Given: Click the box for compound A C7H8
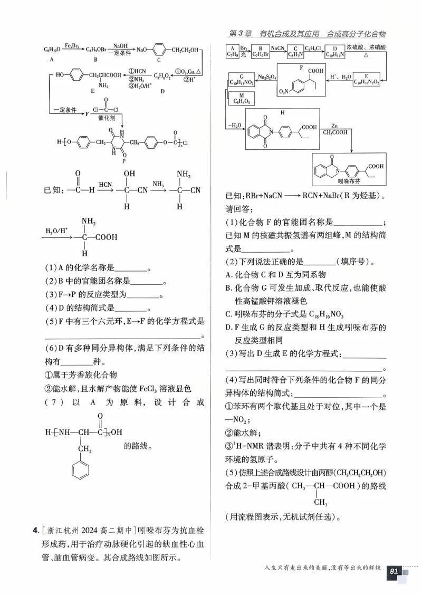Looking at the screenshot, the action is coord(232,51).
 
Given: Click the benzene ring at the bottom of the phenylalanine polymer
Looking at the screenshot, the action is coord(81,470).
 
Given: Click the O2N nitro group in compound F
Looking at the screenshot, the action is coord(284,93).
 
